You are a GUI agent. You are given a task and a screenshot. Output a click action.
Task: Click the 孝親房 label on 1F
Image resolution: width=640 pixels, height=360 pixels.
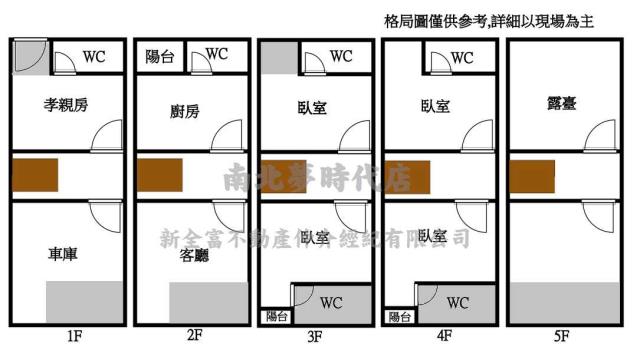(x=67, y=105)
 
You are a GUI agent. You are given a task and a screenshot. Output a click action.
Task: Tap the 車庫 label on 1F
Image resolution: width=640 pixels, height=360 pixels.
(x=63, y=254)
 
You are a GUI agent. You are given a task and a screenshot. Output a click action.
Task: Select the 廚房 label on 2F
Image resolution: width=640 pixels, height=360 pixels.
(x=185, y=111)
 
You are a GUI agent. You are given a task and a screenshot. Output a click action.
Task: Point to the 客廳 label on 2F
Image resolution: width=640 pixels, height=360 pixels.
(x=193, y=257)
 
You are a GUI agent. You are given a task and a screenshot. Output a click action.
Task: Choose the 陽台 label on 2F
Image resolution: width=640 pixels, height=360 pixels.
(x=160, y=57)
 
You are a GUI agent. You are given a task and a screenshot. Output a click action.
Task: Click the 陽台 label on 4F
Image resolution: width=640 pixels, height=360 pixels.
(x=400, y=316)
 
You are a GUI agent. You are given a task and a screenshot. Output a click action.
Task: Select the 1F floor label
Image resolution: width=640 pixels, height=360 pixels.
(x=73, y=336)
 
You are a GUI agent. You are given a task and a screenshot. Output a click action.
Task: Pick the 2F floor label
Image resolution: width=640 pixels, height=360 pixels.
(x=194, y=336)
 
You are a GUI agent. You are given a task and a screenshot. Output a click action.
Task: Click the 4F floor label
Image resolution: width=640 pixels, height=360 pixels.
(x=444, y=336)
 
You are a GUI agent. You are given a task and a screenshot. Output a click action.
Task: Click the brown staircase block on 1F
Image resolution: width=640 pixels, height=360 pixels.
(x=35, y=174)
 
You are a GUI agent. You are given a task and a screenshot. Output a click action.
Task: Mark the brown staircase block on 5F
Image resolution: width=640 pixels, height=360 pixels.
(x=531, y=176)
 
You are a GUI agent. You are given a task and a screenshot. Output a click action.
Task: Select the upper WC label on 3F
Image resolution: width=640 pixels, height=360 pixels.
(x=341, y=57)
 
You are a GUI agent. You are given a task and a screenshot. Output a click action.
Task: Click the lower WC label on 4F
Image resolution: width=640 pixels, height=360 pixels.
(x=457, y=302)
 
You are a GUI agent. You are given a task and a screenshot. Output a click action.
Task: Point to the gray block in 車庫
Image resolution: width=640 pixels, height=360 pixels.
(x=85, y=302)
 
